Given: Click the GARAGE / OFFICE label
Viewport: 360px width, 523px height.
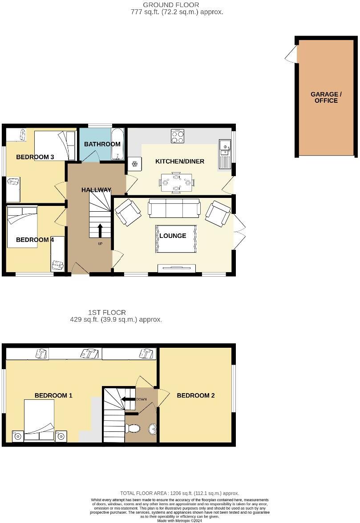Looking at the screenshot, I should point(326,97).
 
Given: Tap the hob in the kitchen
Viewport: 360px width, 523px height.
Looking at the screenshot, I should point(178,136).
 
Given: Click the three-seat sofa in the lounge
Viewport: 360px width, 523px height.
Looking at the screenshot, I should point(174,208).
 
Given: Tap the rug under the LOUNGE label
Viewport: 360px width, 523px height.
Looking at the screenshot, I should point(176,239).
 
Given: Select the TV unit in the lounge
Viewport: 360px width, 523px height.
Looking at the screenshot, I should point(177,268).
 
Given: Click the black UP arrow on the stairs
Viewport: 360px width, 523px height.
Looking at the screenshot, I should point(100,231).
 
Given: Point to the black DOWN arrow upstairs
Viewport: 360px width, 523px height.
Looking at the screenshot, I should point(128,399).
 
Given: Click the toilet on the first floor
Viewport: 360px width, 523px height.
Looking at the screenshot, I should point(133,428).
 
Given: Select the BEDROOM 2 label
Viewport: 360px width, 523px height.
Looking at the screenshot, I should point(196,395).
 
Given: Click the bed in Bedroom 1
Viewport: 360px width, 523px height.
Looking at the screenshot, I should point(39,420).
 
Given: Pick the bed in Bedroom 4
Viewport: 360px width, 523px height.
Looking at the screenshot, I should point(22,218).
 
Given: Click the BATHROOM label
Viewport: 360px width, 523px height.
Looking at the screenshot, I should point(102,144).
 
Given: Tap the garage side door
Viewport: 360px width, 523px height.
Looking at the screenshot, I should point(291,55).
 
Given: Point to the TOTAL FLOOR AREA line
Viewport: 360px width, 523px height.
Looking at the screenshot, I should point(179,493).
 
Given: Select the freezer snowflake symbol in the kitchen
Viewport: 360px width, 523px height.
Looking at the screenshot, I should point(133,164).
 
